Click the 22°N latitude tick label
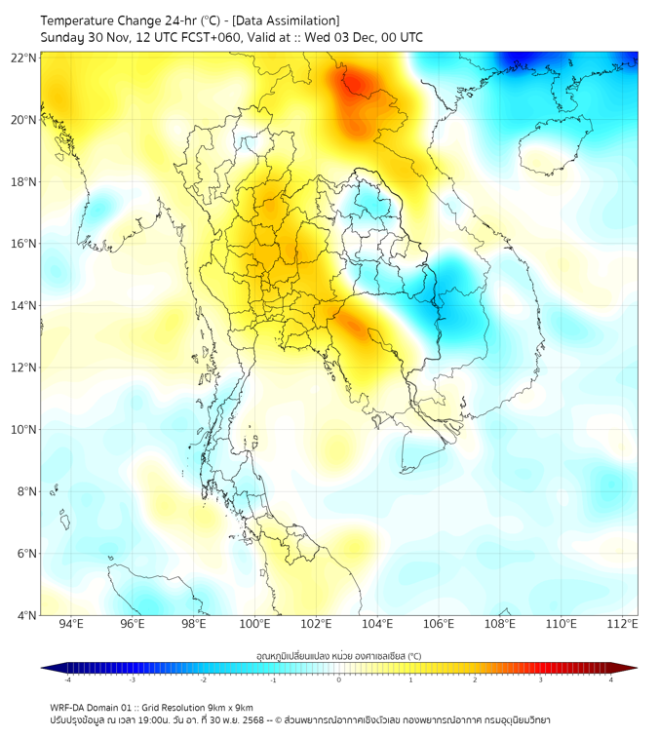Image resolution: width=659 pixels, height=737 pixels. click(24, 58)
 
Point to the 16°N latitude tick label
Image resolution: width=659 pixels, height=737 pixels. click(24, 244)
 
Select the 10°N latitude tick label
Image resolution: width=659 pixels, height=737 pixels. click(24, 430)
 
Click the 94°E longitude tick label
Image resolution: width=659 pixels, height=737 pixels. click(71, 624)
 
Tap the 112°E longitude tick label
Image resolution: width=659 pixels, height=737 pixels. click(622, 624)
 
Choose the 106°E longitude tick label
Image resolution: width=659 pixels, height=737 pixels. click(439, 624)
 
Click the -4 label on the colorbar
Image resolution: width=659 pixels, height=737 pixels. click(67, 679)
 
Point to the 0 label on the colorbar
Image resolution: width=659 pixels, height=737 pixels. click(339, 679)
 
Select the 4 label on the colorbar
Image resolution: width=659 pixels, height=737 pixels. click(611, 679)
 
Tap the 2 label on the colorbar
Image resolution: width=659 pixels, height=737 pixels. click(475, 679)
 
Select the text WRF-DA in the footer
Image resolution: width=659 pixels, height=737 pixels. click(67, 707)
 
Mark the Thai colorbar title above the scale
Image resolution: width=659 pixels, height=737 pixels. click(338, 655)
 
